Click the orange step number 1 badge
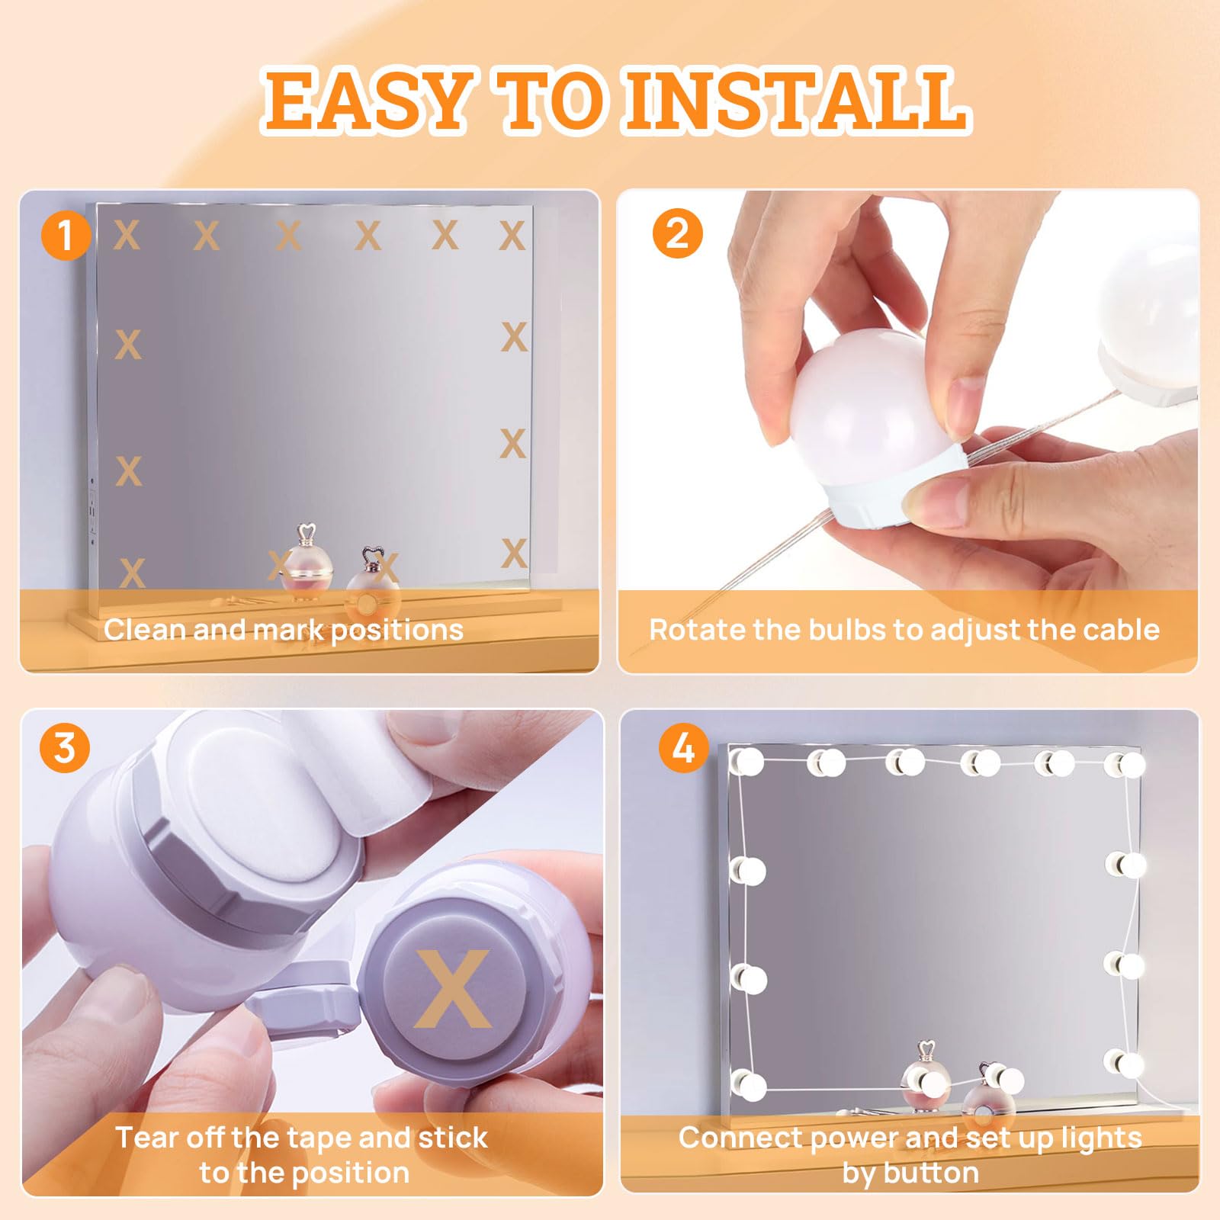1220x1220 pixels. coord(66,234)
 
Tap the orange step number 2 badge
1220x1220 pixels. coord(677,233)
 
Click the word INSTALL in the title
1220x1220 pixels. coord(796,100)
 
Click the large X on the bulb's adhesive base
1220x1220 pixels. coord(453,987)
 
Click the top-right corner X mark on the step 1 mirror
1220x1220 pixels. coord(512,236)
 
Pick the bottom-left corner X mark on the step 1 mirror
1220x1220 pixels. coord(132,573)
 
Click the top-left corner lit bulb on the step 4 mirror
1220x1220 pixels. coord(747,761)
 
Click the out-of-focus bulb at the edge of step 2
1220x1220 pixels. coord(1151,320)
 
